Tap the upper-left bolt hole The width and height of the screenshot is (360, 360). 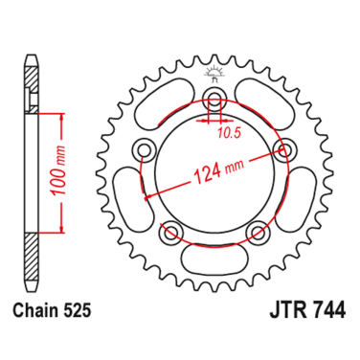coord(146,148)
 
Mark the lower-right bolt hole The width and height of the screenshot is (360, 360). coord(258,231)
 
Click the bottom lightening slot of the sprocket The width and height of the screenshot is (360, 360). coord(215,257)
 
